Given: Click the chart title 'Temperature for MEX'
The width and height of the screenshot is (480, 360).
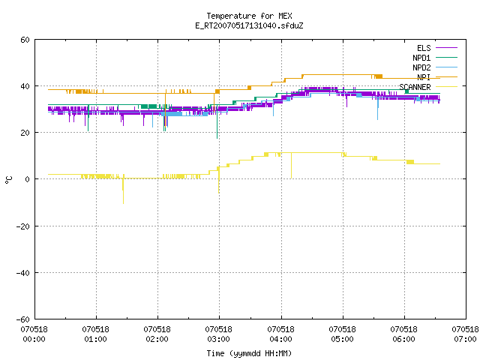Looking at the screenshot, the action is point(249,16).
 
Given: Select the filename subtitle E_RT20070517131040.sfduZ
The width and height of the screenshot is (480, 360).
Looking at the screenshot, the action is point(249,25).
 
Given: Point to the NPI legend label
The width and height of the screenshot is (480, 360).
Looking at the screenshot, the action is point(424,77).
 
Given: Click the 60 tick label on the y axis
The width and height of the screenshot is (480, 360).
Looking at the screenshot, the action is point(25,40).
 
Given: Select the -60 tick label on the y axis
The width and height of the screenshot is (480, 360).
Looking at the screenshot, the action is point(23,319).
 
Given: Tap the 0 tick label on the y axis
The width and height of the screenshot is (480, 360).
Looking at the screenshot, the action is point(28,179).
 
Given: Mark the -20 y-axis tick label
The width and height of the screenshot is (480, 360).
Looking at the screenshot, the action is point(23,226).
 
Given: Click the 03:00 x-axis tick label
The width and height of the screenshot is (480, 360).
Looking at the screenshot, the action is point(218,334).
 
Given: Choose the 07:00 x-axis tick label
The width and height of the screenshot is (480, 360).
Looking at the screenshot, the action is point(465,334).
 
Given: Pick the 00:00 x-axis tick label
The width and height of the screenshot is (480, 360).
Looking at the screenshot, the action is point(34,334).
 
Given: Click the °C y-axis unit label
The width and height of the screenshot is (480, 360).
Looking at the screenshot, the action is point(9,180).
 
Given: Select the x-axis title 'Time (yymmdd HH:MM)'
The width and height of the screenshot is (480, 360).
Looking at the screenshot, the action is point(249,353).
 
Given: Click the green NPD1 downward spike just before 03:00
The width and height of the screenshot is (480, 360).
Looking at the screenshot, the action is point(217,122).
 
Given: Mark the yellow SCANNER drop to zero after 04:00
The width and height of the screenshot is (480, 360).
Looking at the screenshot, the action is point(291,165).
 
